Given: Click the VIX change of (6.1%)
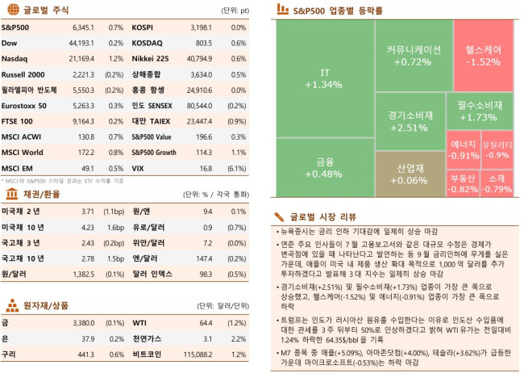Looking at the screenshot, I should pos(239,168).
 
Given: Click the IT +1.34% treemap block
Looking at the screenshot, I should pos(324,78).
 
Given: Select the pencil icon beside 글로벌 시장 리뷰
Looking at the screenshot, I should pos(280,216).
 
